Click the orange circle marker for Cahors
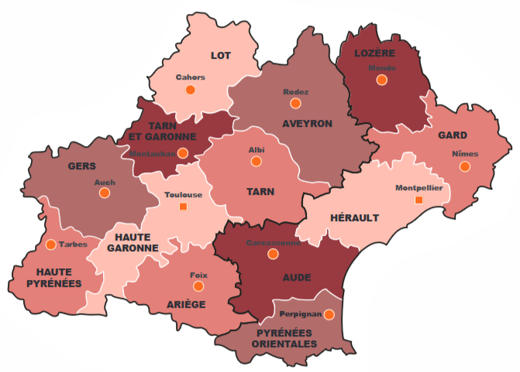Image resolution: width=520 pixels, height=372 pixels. click(191, 90)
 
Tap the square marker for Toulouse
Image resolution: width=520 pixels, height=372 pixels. click(183, 207)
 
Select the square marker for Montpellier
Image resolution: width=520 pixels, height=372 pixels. click(419, 200)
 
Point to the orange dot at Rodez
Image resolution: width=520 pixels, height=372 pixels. click(295, 104)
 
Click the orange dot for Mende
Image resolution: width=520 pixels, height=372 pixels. click(381, 80)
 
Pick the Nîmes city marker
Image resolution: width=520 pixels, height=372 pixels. click(464, 166)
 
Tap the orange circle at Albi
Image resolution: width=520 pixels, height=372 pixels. click(256, 162)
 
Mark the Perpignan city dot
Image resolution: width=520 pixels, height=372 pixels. click(329, 315)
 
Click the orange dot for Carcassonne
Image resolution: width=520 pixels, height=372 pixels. click(272, 254)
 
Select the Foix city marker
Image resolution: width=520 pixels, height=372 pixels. click(199, 286)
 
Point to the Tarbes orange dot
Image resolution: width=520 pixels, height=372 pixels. click(50, 244)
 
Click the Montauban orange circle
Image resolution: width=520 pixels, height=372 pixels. click(183, 153)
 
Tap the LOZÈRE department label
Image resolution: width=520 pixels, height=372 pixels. click(375, 53)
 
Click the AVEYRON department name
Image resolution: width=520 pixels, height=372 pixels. click(307, 124)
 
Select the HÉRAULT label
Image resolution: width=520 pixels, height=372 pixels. click(355, 218)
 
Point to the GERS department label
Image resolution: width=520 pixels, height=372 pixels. click(81, 166)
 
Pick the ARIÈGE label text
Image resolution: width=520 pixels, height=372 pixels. click(186, 305)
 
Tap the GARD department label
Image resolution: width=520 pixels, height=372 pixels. click(452, 135)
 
